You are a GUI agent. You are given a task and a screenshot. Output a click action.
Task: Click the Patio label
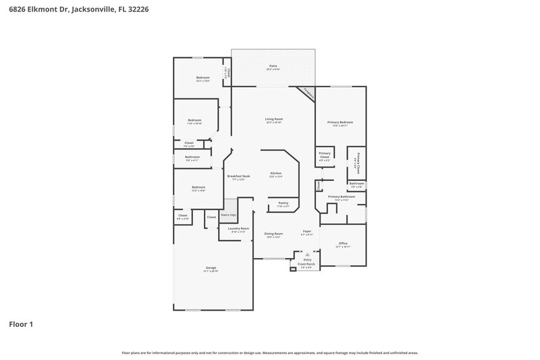point(273,67)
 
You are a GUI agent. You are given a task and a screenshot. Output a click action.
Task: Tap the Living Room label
point(273,120)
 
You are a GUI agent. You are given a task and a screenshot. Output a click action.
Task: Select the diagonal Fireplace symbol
point(307,93)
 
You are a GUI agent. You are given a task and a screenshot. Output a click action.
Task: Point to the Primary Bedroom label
point(341,123)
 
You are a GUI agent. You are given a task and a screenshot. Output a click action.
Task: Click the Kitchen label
point(275,174)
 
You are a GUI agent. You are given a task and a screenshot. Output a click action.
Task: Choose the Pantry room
point(283,204)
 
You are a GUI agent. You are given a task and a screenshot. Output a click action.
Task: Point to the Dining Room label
point(273,234)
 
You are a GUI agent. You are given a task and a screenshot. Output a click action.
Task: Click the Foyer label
point(306,232)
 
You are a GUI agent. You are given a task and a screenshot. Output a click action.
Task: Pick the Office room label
point(343,244)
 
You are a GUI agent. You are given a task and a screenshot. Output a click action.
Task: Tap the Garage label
point(211,269)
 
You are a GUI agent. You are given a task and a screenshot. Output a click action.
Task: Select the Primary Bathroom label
point(342,197)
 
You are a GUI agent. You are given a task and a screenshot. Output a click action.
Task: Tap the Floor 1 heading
point(21,324)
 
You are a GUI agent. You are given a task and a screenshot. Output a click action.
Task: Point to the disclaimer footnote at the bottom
point(270,353)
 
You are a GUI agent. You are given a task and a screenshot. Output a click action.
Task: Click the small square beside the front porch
point(293,269)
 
